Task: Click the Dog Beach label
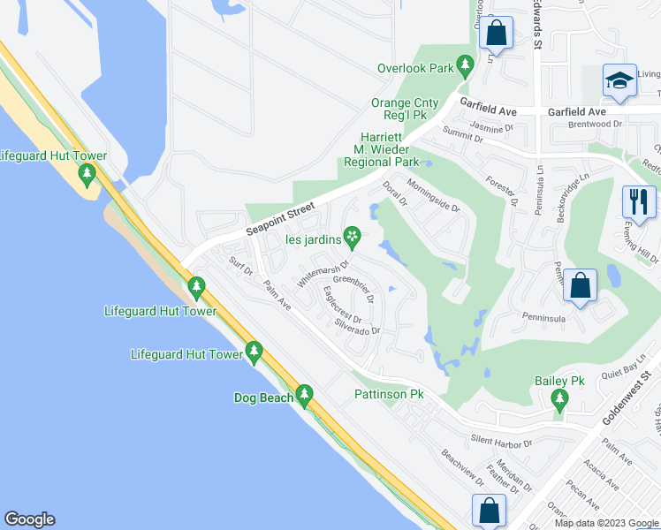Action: [x=262, y=397]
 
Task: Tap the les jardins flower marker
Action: [x=353, y=235]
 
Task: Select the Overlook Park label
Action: [x=414, y=68]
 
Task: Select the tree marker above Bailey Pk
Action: [x=559, y=401]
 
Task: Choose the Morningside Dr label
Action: [x=433, y=195]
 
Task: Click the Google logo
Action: [x=29, y=519]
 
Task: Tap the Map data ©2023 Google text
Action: [x=606, y=523]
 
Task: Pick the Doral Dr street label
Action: [x=394, y=192]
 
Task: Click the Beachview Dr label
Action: [x=462, y=470]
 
